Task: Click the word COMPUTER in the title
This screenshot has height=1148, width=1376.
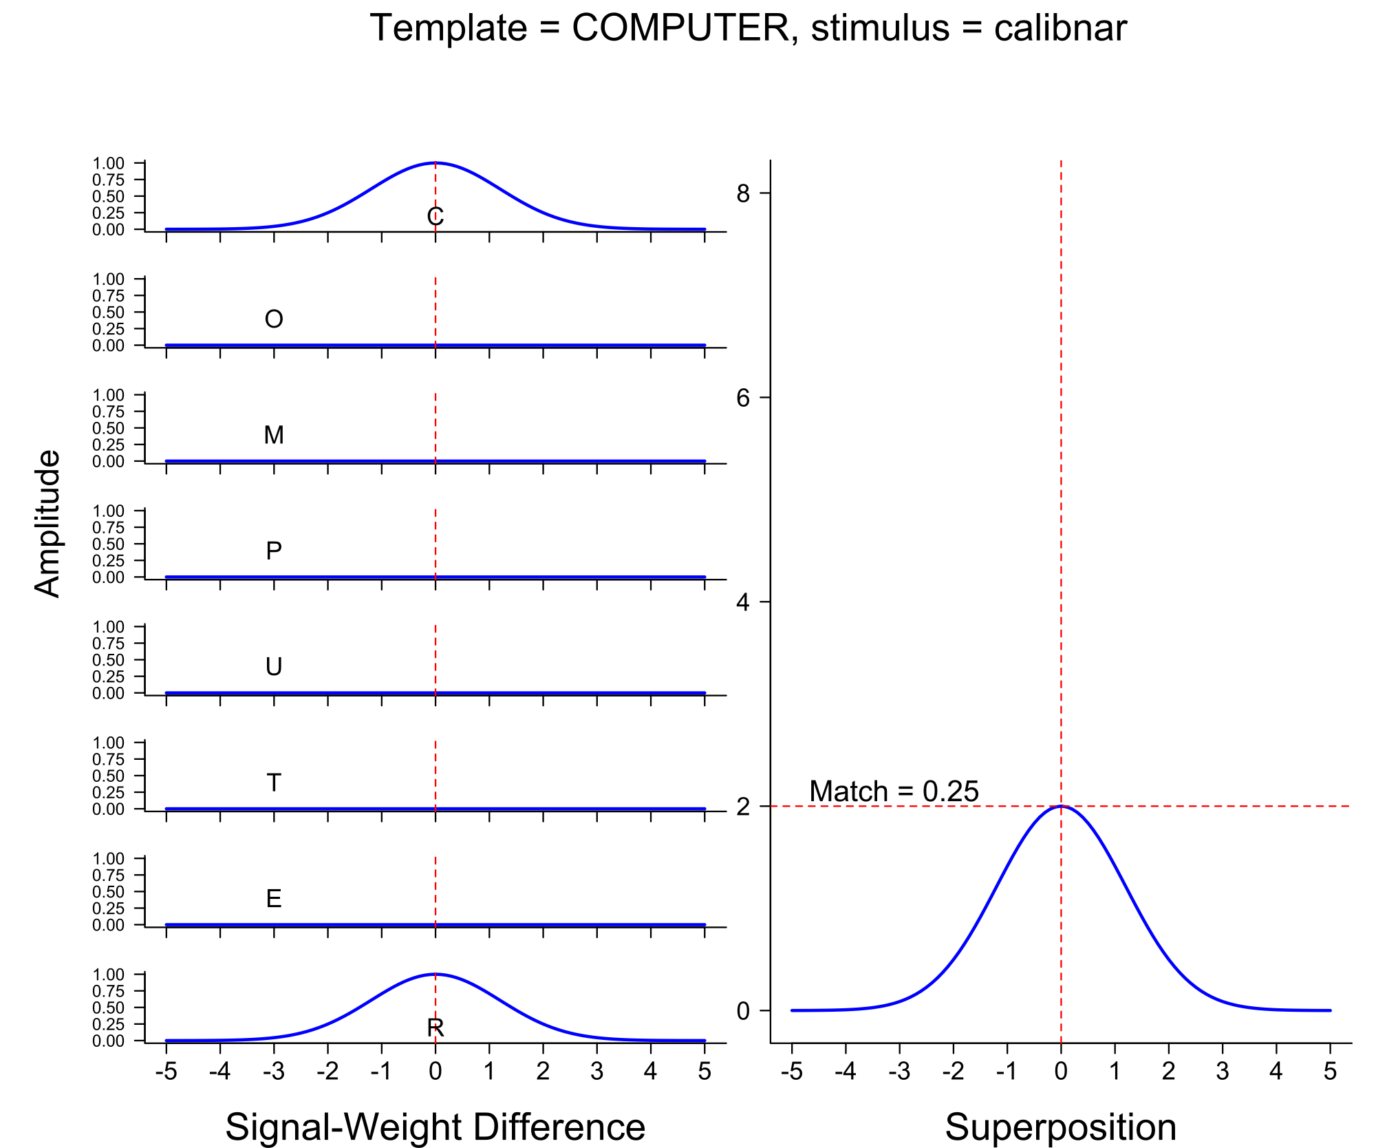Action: [680, 29]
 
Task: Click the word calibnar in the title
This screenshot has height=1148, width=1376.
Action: [1060, 29]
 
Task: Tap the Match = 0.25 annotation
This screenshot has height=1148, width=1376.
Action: [894, 791]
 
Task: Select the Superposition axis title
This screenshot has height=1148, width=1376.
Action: [1060, 1127]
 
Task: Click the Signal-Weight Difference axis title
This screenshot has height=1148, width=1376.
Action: [435, 1127]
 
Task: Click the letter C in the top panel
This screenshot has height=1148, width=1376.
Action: [436, 217]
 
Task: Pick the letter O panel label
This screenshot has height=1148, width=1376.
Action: [274, 319]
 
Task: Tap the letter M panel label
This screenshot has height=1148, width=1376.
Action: [274, 435]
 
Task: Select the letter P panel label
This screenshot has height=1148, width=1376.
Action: [274, 551]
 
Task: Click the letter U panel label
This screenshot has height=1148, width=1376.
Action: [274, 667]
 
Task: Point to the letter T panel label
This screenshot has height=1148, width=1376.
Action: [274, 783]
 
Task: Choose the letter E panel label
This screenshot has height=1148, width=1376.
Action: [274, 899]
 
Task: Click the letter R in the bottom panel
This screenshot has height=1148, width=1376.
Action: [436, 1028]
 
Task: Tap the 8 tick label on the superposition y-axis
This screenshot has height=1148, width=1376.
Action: [742, 194]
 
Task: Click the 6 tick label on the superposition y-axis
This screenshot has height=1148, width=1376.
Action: [742, 398]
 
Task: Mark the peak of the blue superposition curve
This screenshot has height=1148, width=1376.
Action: [1061, 806]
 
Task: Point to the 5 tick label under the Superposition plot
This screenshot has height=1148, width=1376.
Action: [1330, 1072]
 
